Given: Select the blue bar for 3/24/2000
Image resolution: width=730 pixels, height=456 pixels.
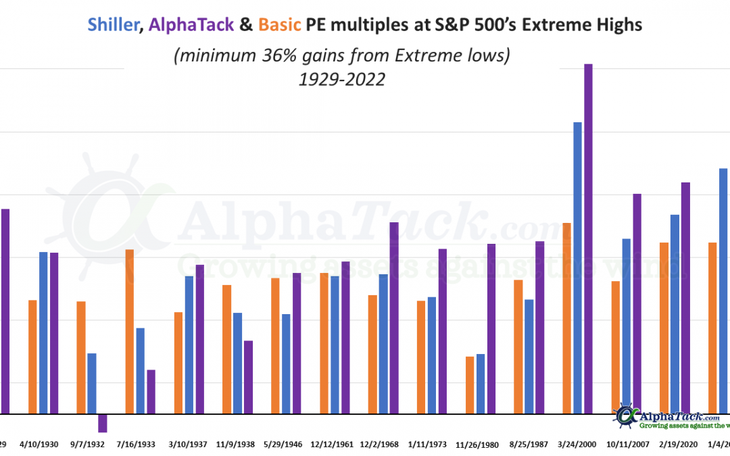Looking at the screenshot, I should point(577,268).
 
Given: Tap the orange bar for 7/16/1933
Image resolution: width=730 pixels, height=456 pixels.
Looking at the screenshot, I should point(130,331).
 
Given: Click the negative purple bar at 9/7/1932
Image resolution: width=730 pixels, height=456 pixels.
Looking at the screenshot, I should point(103,422).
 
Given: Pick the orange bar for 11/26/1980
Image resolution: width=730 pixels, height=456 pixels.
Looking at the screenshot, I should point(470,384).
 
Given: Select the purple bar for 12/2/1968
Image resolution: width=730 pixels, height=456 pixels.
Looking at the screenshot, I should point(394,318).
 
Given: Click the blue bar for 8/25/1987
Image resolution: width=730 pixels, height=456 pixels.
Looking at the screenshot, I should point(529,356).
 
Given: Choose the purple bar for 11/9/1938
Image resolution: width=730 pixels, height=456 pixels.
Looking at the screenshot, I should point(248,376).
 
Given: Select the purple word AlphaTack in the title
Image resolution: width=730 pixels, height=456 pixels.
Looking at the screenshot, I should point(191,25).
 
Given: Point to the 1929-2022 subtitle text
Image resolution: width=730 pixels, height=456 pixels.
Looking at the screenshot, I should point(342,79).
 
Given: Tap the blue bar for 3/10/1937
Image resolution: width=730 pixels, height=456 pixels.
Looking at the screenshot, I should point(189,345).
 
